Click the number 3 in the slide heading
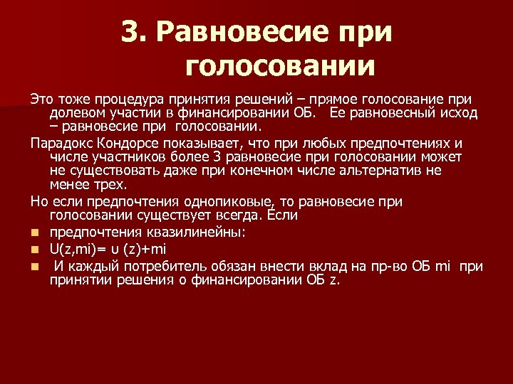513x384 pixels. (129, 31)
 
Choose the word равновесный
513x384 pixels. (395, 113)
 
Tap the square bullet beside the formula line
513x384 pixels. (34, 248)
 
